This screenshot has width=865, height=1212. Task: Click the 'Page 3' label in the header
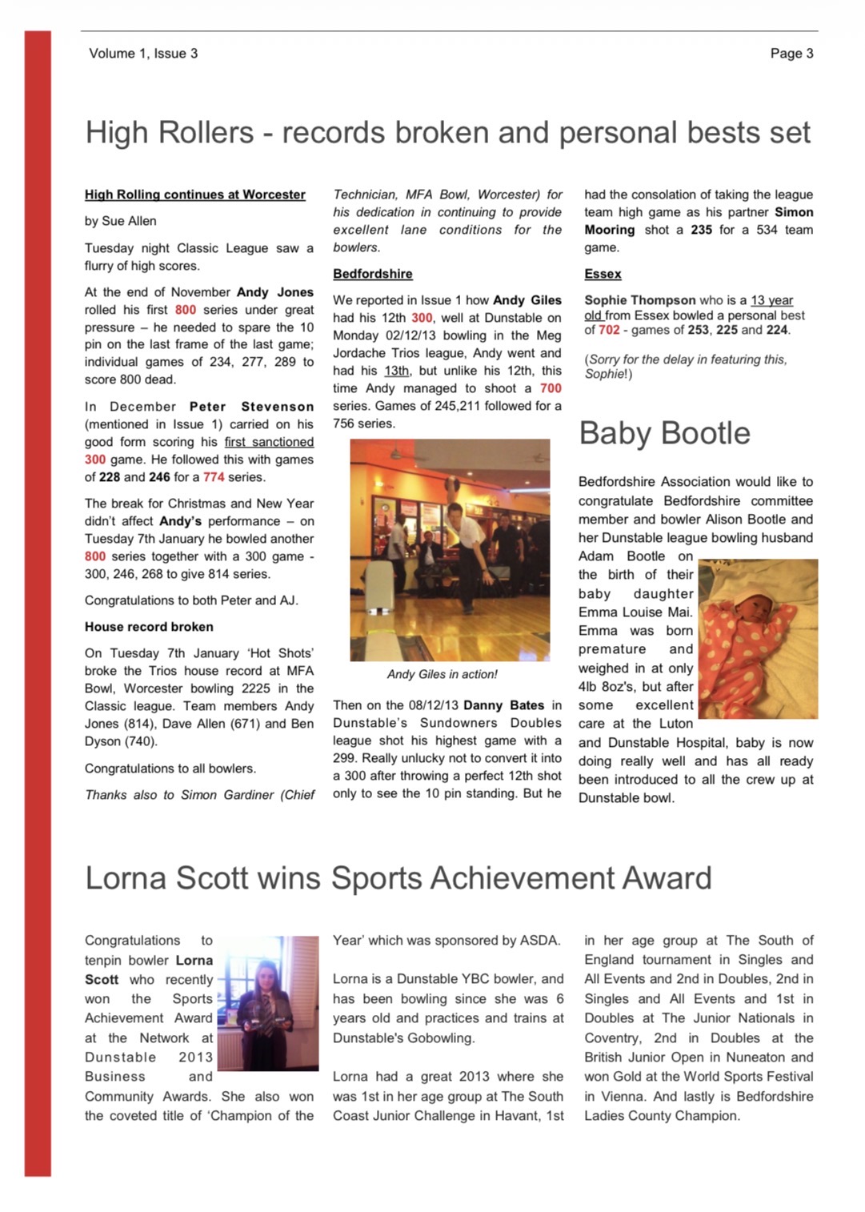791,54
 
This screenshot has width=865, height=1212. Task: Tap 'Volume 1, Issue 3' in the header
143,54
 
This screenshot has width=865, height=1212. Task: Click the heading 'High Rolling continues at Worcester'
195,195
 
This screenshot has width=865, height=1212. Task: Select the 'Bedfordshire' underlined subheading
373,274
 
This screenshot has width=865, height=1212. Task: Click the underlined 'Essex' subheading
603,274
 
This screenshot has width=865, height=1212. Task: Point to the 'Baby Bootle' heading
664,433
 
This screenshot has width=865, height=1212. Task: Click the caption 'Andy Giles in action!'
442,674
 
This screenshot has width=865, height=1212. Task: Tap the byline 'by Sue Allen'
121,221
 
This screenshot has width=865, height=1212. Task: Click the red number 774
214,477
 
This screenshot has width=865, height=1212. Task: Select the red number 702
609,330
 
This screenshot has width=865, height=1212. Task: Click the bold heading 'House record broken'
149,627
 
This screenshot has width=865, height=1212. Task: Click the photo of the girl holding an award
267,1004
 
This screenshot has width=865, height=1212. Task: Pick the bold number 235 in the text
701,230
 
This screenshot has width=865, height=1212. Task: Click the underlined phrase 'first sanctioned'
269,442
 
